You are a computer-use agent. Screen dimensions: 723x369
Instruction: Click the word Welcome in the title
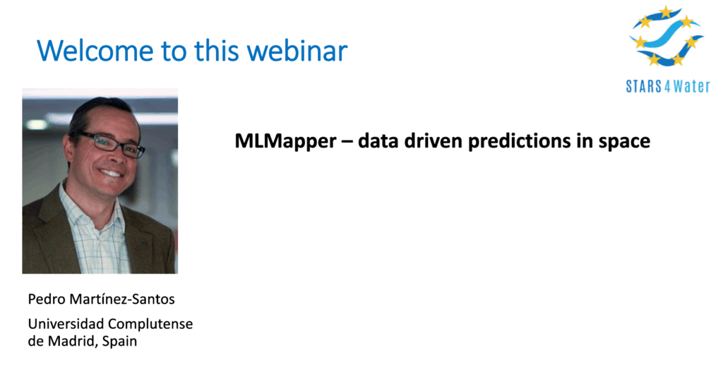click(95, 50)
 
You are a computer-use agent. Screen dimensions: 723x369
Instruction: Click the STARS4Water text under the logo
click(668, 86)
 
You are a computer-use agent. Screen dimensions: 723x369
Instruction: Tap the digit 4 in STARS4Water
click(668, 86)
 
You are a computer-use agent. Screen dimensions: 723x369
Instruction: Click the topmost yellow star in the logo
click(665, 12)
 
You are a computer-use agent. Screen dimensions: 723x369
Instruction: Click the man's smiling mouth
click(111, 174)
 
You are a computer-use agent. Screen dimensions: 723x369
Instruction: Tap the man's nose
click(115, 156)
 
